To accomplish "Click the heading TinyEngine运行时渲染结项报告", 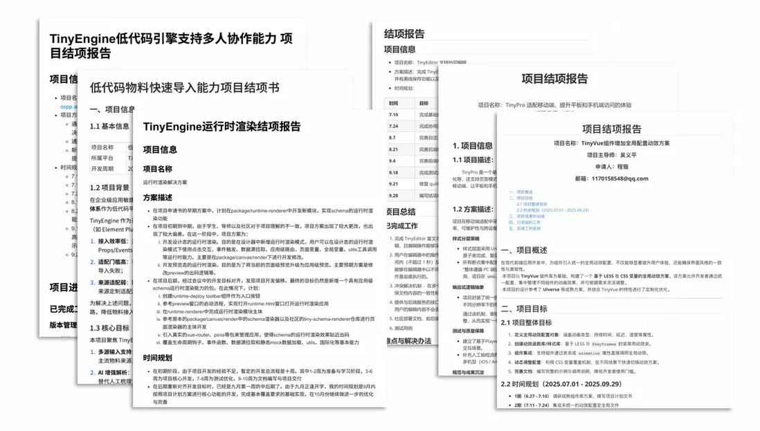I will click(x=221, y=126).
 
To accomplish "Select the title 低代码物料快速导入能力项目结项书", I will click(x=185, y=87).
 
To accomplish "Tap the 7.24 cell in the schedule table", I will click(x=393, y=126).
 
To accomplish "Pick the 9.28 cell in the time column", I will click(x=393, y=196).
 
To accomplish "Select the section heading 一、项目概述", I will click(x=534, y=250).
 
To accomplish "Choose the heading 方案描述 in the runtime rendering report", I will click(x=159, y=196).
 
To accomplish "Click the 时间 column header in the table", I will click(x=393, y=102).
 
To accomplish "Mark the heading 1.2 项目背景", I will click(x=109, y=187).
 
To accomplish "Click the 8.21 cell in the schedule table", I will click(x=393, y=149).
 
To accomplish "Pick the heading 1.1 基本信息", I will click(x=109, y=127).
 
